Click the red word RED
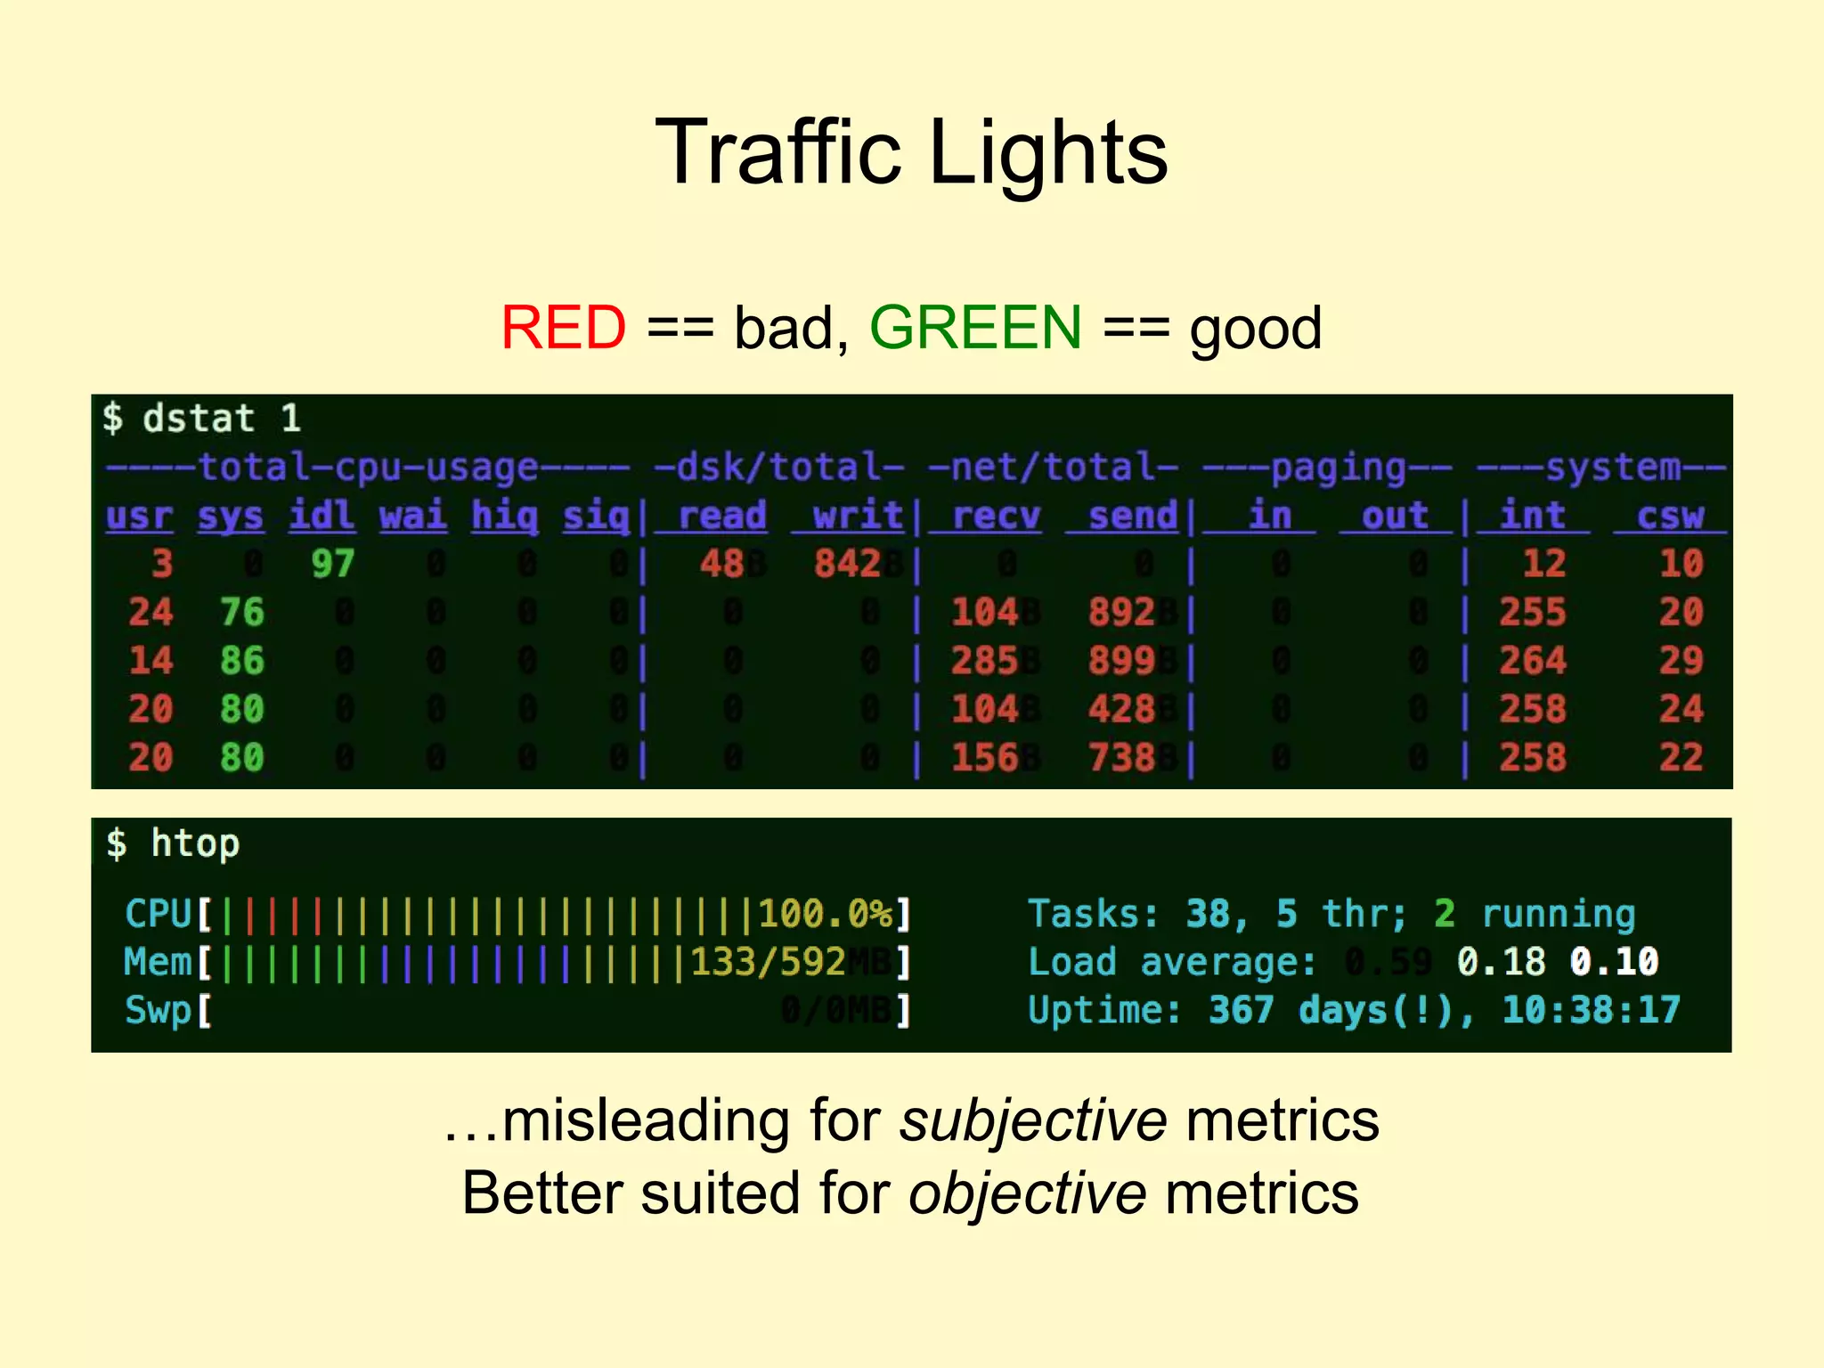pyautogui.click(x=563, y=328)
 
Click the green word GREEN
pyautogui.click(x=975, y=328)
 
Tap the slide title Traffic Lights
pyautogui.click(x=911, y=153)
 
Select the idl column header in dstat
pyautogui.click(x=322, y=516)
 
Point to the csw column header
pyautogui.click(x=1670, y=516)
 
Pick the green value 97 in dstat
pyautogui.click(x=333, y=564)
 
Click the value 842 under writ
pyautogui.click(x=847, y=564)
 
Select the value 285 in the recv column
pyautogui.click(x=984, y=661)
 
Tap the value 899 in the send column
pyautogui.click(x=1121, y=661)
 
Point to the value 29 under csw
pyautogui.click(x=1681, y=661)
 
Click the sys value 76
pyautogui.click(x=242, y=613)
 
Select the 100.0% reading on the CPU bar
pyautogui.click(x=825, y=914)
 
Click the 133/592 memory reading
pyautogui.click(x=768, y=962)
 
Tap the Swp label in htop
pyautogui.click(x=158, y=1010)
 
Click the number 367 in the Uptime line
pyautogui.click(x=1241, y=1010)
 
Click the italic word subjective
pyautogui.click(x=1032, y=1120)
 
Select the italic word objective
pyautogui.click(x=1027, y=1193)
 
